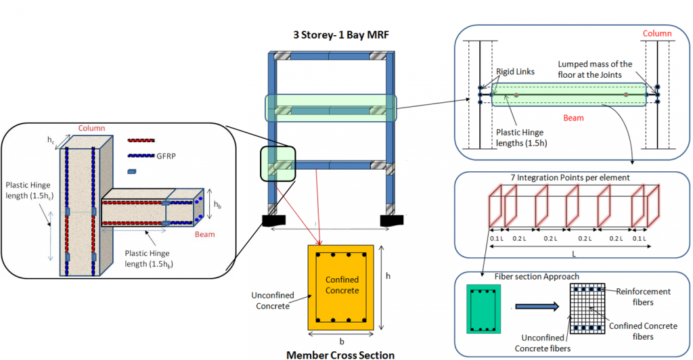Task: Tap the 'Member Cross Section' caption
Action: [340, 354]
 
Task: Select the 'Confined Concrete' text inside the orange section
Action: [342, 285]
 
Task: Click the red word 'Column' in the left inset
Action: [92, 128]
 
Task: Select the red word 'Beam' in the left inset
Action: [204, 234]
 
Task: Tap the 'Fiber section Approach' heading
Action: [516, 277]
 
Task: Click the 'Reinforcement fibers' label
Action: [643, 296]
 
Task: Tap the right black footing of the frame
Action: [393, 221]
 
